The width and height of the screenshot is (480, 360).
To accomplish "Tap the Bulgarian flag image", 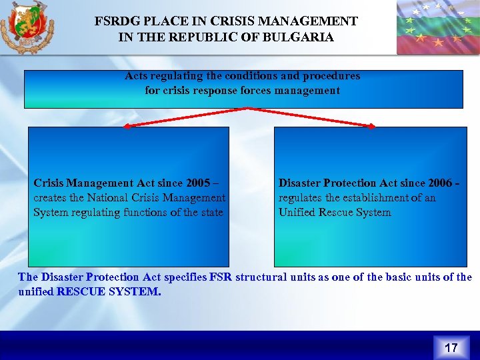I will point(437,27).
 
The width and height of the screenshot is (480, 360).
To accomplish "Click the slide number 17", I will point(451,347).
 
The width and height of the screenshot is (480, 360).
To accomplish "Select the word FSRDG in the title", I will point(114,22).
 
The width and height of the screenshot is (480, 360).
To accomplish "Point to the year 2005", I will point(199,183).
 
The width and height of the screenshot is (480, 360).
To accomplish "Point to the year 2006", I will point(441,183).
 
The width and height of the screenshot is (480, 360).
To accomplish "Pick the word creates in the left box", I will point(50,197).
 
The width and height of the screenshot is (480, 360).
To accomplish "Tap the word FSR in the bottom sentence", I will point(221,277).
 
